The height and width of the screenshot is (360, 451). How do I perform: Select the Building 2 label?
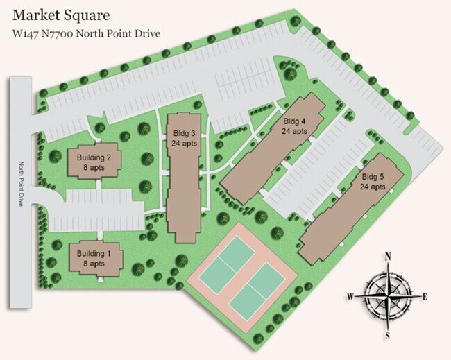(x=94, y=157)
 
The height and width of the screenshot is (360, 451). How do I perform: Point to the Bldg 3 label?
(x=183, y=133)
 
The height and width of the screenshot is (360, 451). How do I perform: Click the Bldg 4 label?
(x=294, y=121)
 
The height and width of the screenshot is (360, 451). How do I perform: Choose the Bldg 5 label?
(x=373, y=177)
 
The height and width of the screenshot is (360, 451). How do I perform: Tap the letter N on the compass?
(x=389, y=255)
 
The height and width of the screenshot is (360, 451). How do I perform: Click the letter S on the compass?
(x=389, y=336)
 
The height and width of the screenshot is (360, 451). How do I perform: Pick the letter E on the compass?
(x=424, y=296)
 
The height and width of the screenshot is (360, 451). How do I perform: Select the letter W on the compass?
(x=350, y=297)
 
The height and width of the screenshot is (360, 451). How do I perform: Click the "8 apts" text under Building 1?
(x=94, y=264)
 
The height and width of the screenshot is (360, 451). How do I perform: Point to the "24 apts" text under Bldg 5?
(x=373, y=187)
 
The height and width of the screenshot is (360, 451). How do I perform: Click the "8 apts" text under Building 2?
(x=94, y=167)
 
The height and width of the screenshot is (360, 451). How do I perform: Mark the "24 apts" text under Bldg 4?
(x=294, y=131)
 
